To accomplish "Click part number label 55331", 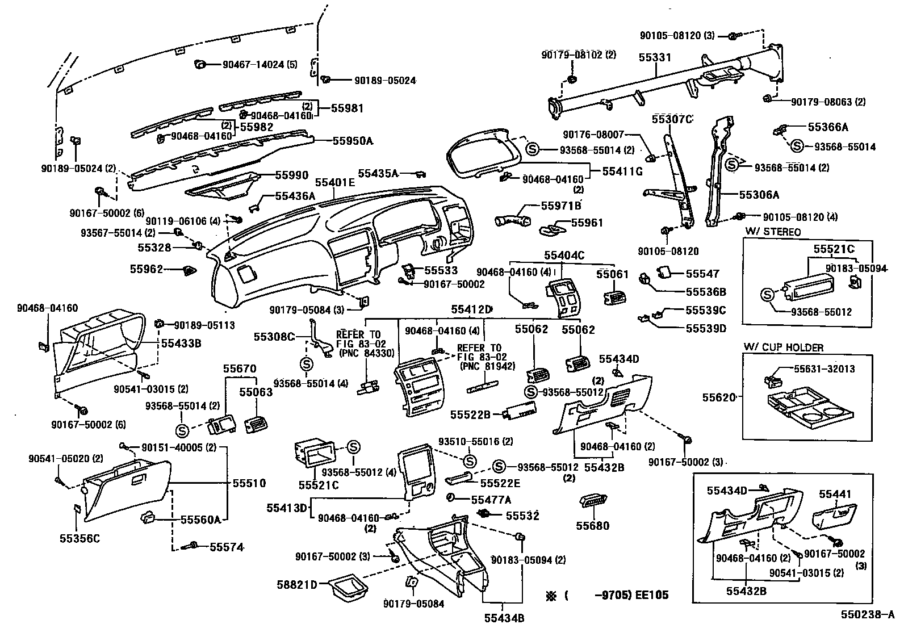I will click(654, 57).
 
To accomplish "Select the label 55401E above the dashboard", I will click(334, 182).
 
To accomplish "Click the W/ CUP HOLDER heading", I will click(783, 347).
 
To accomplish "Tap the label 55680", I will click(592, 526).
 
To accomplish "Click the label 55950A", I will click(352, 140).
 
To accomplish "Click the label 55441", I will click(835, 495).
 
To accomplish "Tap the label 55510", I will click(249, 483).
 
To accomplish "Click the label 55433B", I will click(181, 343).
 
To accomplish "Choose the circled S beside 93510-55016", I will click(470, 460).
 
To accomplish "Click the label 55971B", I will click(560, 205).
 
